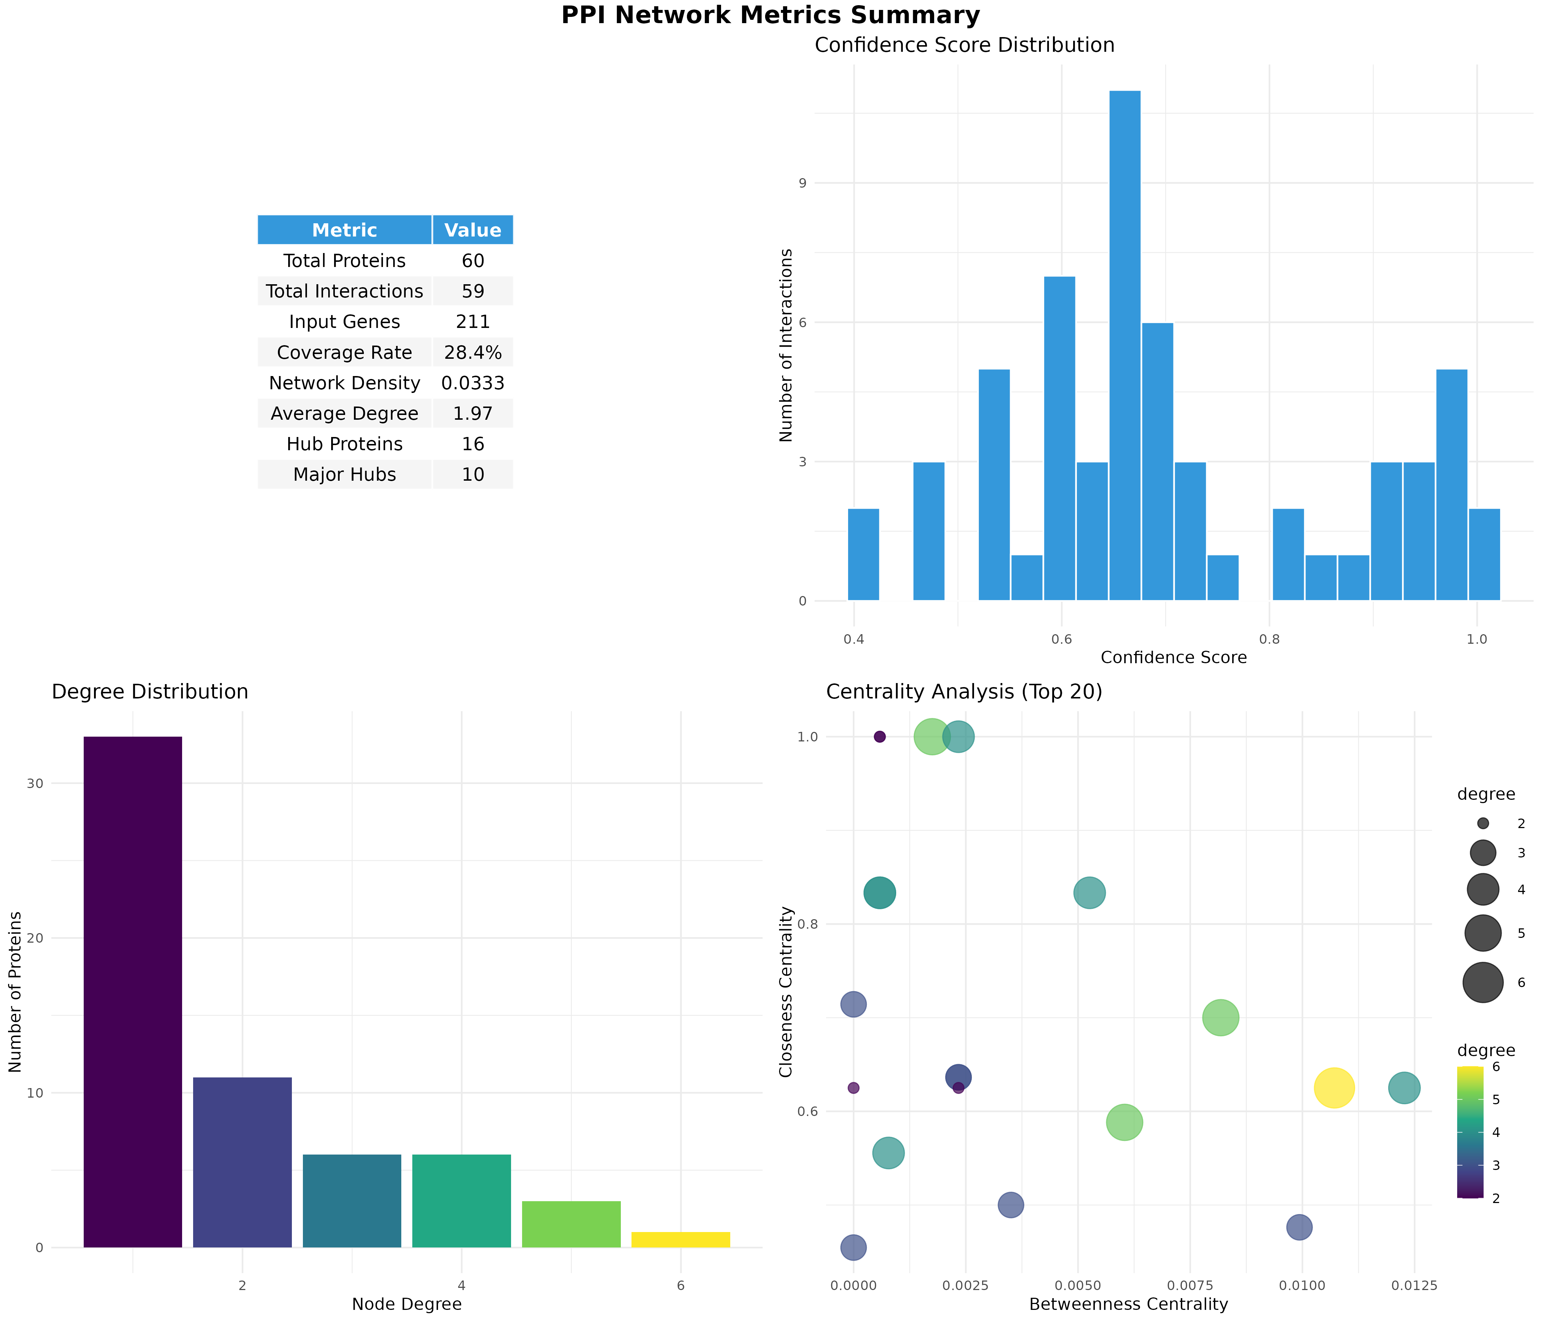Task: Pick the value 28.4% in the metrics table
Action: click(x=473, y=353)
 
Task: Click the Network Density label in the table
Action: click(x=345, y=383)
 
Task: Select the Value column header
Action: click(x=473, y=230)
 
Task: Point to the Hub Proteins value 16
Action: click(x=473, y=444)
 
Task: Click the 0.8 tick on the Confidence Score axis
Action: click(x=1269, y=639)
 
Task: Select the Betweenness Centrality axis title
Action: click(x=1128, y=1304)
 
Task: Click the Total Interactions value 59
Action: click(x=473, y=291)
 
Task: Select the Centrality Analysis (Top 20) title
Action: click(x=964, y=692)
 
